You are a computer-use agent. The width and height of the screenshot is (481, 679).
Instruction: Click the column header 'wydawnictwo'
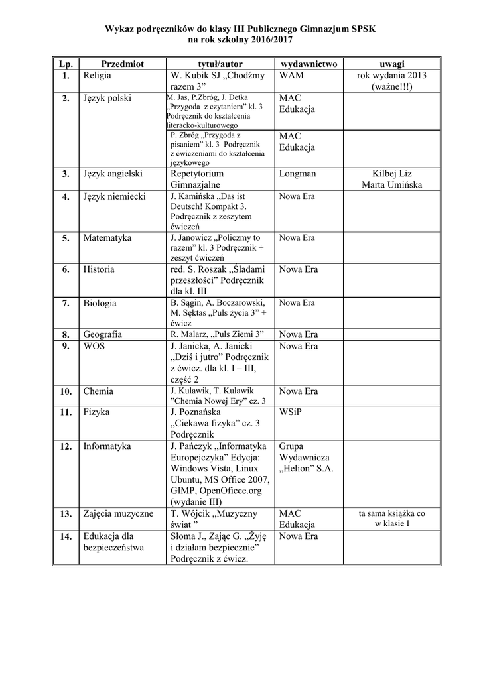point(309,64)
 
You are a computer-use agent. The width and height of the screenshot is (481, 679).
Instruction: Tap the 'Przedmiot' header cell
point(122,64)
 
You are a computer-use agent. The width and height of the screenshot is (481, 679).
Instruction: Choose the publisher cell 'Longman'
point(297,174)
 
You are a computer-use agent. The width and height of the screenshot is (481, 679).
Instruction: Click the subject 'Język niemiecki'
point(114,196)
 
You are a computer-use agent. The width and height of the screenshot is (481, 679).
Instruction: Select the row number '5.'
point(66,237)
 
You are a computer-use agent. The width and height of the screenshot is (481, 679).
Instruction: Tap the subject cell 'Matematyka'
point(107,237)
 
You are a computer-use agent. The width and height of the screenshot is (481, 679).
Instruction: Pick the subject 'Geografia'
point(102,334)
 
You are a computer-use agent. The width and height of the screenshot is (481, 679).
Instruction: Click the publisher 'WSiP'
point(290,412)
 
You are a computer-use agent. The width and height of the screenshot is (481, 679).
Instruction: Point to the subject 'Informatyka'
point(107,446)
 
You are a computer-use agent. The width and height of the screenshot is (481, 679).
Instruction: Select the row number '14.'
point(66,536)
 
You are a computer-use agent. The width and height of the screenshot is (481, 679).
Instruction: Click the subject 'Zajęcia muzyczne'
point(118,513)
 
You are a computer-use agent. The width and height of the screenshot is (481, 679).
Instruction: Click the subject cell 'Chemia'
point(98,391)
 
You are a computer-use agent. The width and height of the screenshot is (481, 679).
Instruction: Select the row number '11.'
point(66,412)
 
